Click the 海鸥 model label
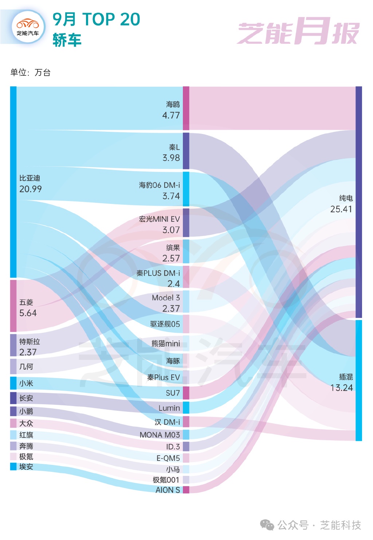pos(173,105)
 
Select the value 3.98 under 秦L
pos(171,158)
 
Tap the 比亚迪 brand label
pos(30,178)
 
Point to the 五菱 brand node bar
pos(13,306)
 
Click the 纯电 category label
pos(346,198)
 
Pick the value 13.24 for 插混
pos(341,388)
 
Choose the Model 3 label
pos(166,298)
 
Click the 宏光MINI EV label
pos(159,219)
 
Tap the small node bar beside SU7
pos(186,393)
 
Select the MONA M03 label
pos(160,435)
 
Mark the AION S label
pos(168,490)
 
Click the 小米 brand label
pos(26,383)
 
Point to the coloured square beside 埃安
pos(13,466)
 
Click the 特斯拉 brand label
pos(30,342)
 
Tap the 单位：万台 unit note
pos(31,72)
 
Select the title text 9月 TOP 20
pos(96,19)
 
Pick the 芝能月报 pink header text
pos(298,32)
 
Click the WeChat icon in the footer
pos(267,525)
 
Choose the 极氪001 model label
pos(166,480)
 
